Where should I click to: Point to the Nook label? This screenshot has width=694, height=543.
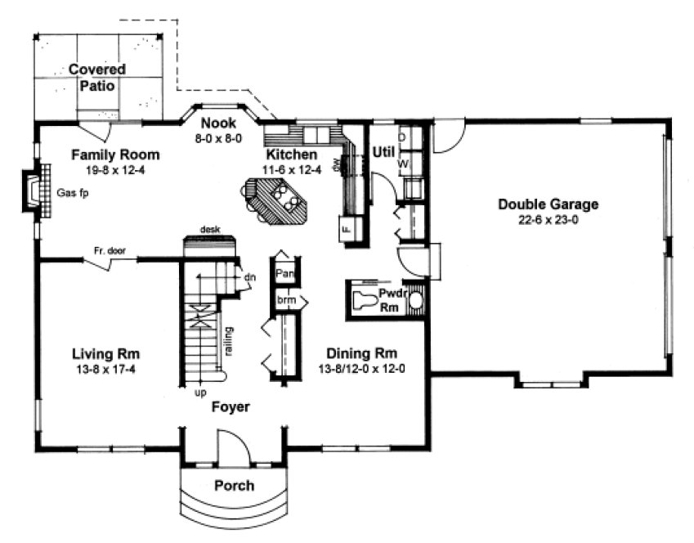pyautogui.click(x=217, y=124)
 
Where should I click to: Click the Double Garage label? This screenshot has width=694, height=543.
pyautogui.click(x=548, y=204)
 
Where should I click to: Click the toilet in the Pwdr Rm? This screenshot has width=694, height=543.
pyautogui.click(x=365, y=299)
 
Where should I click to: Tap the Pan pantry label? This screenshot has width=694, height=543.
pyautogui.click(x=284, y=273)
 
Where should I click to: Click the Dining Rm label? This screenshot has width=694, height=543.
pyautogui.click(x=361, y=353)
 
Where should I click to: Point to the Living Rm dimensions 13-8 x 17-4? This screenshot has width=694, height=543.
pyautogui.click(x=105, y=370)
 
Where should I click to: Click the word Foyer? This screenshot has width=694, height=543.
pyautogui.click(x=231, y=406)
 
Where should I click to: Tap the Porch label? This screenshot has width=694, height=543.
pyautogui.click(x=234, y=486)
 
